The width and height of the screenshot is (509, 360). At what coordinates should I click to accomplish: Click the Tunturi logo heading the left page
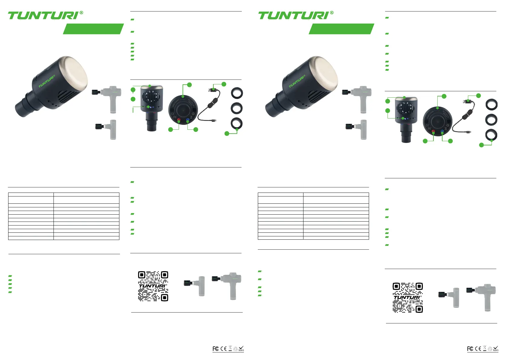[x=45, y=15]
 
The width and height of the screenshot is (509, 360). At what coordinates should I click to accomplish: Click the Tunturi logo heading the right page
[x=296, y=15]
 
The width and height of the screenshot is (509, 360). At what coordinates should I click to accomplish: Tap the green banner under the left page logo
[x=93, y=29]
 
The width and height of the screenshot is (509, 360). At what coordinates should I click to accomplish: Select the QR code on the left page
[x=153, y=286]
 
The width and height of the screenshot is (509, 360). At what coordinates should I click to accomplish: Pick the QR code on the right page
[x=408, y=298]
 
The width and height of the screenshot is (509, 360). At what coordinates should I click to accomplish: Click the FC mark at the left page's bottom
[x=216, y=349]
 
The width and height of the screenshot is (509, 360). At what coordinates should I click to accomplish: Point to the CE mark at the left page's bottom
[x=224, y=349]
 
